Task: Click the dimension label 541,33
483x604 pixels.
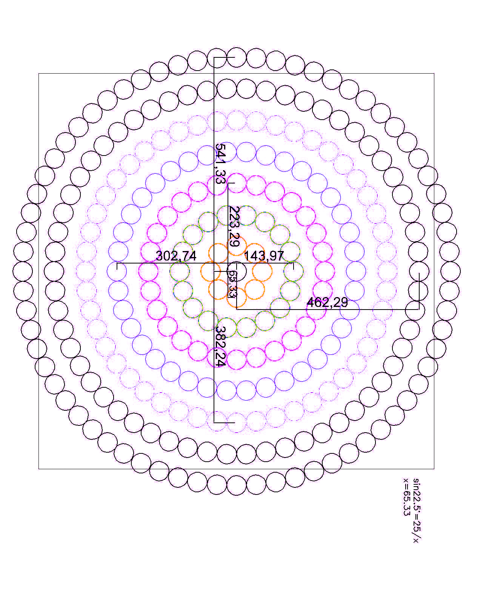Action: click(x=221, y=163)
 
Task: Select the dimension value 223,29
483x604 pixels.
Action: click(x=234, y=226)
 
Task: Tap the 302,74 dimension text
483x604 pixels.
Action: click(x=176, y=256)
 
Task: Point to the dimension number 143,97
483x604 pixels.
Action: click(x=264, y=256)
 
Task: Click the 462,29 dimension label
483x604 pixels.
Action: click(x=327, y=302)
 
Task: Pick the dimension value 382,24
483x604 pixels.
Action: click(x=221, y=346)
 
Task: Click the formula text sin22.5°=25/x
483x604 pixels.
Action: click(x=417, y=510)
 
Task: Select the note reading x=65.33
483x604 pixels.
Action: click(x=406, y=497)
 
